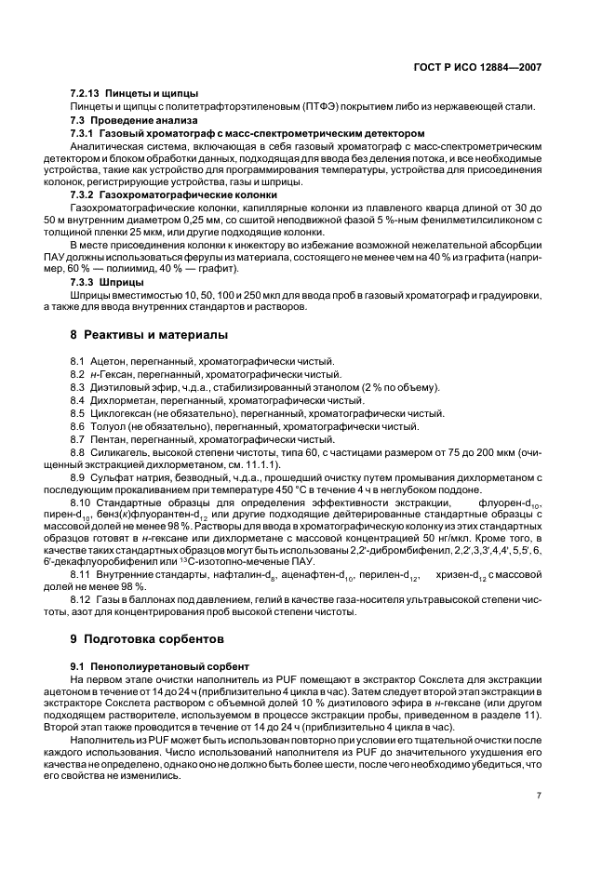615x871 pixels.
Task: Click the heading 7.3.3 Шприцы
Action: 107,281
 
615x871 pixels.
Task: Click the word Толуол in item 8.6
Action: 108,426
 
